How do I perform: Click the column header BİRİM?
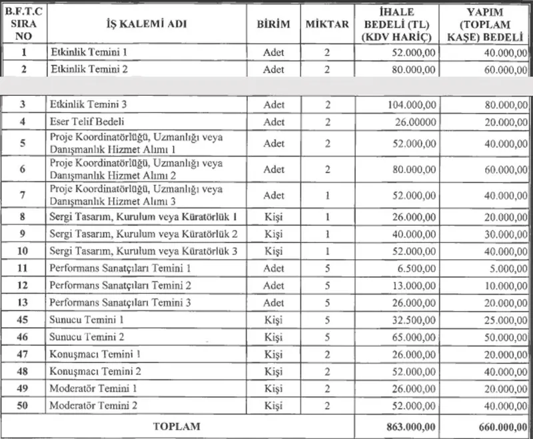coord(273,24)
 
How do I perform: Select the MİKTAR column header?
coord(326,24)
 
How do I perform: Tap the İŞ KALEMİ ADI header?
coord(147,24)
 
